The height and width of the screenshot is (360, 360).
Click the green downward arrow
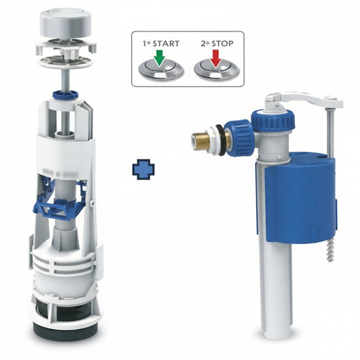click(159, 58)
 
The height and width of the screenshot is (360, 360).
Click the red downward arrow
click(215, 59)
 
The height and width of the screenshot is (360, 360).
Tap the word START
click(165, 44)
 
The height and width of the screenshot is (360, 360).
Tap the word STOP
click(222, 43)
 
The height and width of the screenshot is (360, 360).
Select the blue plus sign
click(143, 170)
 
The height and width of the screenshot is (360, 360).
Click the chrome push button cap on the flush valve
click(66, 22)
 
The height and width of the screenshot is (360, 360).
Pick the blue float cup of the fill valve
click(299, 197)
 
